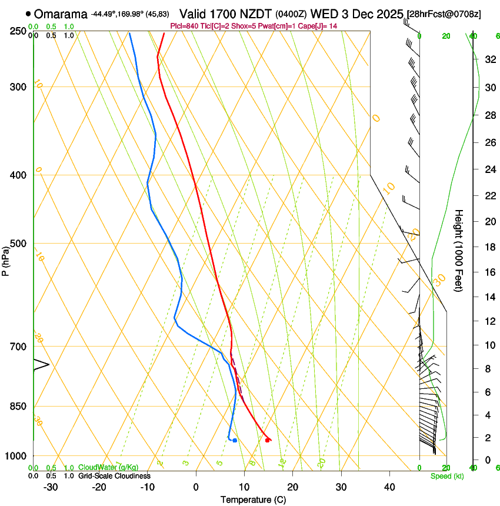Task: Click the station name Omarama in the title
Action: [x=61, y=14]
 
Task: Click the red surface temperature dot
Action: [x=268, y=440]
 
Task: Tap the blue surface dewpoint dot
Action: [x=235, y=440]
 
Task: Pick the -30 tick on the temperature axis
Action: [x=51, y=487]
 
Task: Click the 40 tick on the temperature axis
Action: [x=389, y=487]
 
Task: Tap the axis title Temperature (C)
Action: [x=253, y=500]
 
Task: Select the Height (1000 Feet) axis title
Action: [x=459, y=250]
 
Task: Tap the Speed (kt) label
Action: [x=446, y=476]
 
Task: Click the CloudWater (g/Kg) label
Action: [x=108, y=468]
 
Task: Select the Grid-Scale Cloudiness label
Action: [x=114, y=476]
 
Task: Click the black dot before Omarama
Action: [x=28, y=14]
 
